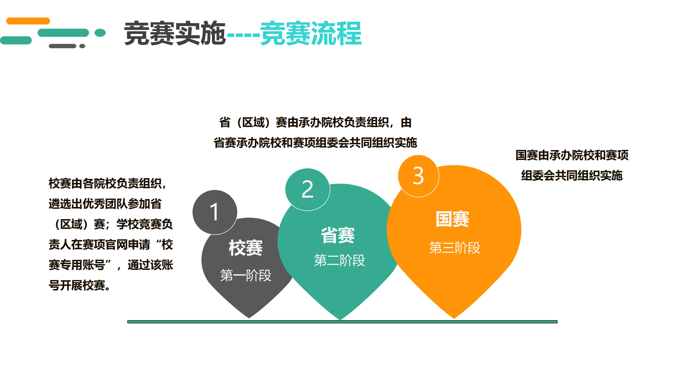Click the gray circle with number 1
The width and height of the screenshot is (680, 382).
click(215, 212)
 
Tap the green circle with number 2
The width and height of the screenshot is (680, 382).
click(307, 189)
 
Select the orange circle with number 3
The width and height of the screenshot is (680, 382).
click(418, 176)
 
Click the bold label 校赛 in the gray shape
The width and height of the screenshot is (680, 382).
click(246, 248)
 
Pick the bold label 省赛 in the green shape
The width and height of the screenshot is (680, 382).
click(338, 235)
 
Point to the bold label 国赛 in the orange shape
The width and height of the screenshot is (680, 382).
click(452, 219)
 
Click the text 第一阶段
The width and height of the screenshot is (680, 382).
click(246, 275)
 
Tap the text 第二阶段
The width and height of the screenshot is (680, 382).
click(339, 260)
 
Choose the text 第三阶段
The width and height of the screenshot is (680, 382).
click(455, 248)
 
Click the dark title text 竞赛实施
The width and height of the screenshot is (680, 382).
click(175, 33)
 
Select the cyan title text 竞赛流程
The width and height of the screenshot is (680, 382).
click(311, 33)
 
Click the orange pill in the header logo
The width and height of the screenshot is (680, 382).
click(28, 21)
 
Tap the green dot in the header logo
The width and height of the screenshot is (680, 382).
click(100, 33)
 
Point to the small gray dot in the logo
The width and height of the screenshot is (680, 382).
click(82, 46)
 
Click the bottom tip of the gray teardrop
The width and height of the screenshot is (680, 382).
click(249, 318)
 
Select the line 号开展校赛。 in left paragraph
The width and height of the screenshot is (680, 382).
click(80, 285)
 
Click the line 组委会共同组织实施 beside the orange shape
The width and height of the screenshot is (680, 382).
click(572, 175)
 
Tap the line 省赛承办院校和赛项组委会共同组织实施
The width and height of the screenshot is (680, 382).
click(315, 143)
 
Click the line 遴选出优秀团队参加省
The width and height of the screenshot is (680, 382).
click(105, 204)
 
